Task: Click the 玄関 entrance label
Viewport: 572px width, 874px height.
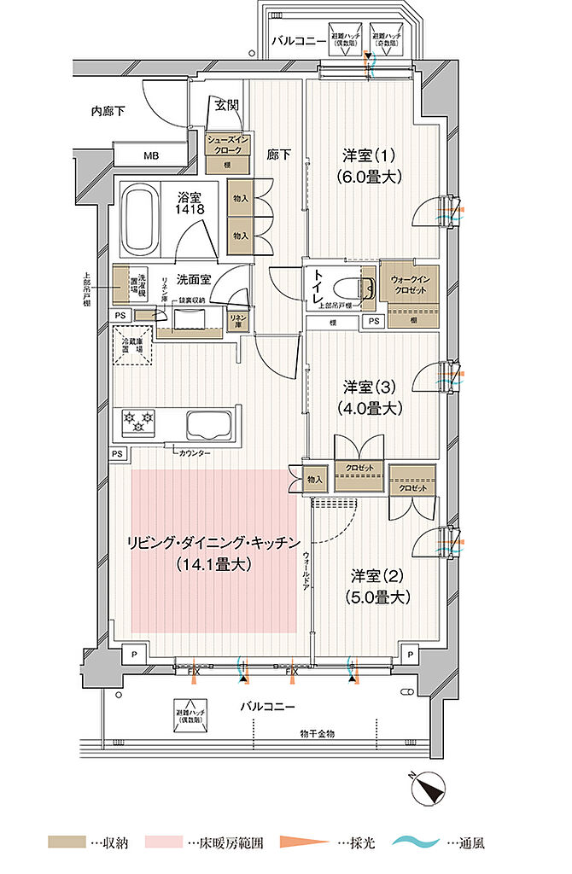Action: pos(227,106)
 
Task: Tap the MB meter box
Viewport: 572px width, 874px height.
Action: pos(150,155)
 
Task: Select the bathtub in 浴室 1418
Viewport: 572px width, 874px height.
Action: pos(143,222)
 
